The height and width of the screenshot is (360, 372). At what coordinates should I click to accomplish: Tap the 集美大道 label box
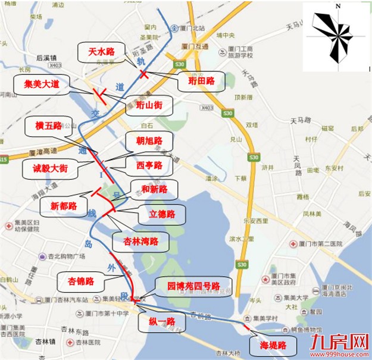[42, 85]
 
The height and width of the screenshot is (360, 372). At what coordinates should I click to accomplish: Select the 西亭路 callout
[149, 163]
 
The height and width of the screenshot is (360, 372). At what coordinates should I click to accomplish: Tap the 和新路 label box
[154, 189]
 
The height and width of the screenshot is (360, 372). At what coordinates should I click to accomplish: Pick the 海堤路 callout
[273, 345]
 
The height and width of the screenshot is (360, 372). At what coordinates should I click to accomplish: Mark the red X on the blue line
[144, 74]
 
